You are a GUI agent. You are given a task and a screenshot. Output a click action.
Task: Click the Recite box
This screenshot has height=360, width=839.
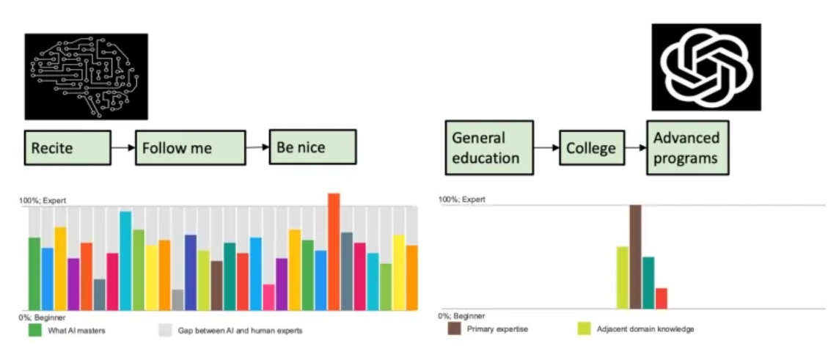pyautogui.click(x=67, y=147)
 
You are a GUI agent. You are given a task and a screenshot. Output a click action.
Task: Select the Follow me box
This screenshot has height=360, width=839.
pyautogui.click(x=191, y=147)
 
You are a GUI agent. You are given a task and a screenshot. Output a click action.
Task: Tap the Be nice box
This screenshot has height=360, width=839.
pyautogui.click(x=312, y=147)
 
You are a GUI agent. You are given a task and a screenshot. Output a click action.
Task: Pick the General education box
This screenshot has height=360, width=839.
pyautogui.click(x=489, y=147)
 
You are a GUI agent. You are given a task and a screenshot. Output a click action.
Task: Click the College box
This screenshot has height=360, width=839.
pyautogui.click(x=592, y=147)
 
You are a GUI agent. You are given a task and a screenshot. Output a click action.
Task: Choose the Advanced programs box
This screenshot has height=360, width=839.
pyautogui.click(x=688, y=147)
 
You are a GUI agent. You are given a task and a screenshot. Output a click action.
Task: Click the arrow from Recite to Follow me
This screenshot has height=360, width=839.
pyautogui.click(x=123, y=147)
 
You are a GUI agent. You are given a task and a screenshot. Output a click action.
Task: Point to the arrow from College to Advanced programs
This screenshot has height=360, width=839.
pyautogui.click(x=636, y=147)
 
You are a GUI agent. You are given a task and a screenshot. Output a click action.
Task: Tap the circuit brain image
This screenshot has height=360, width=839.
pyautogui.click(x=86, y=76)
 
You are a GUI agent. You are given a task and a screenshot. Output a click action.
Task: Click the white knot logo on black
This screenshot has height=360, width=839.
pyautogui.click(x=706, y=67)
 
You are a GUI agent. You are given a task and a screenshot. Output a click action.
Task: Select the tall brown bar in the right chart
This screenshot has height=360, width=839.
pyautogui.click(x=635, y=257)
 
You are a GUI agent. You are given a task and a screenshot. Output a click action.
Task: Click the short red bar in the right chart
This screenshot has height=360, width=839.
pyautogui.click(x=662, y=298)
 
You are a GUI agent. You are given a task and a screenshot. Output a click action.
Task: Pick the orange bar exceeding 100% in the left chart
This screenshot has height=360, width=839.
pyautogui.click(x=334, y=252)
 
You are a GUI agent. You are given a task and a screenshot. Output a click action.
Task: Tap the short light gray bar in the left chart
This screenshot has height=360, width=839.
pyautogui.click(x=177, y=300)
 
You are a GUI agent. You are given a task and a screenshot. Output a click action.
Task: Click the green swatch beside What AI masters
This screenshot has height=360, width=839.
pyautogui.click(x=34, y=331)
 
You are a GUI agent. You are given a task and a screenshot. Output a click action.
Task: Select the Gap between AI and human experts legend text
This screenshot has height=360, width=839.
pyautogui.click(x=241, y=331)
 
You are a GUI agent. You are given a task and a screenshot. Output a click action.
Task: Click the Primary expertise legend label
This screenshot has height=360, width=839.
pyautogui.click(x=498, y=329)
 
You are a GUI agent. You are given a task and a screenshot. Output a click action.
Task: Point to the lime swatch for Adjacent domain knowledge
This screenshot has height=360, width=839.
pyautogui.click(x=584, y=329)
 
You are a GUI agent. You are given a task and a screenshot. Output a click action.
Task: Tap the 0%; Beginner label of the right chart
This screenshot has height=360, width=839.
pyautogui.click(x=462, y=316)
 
